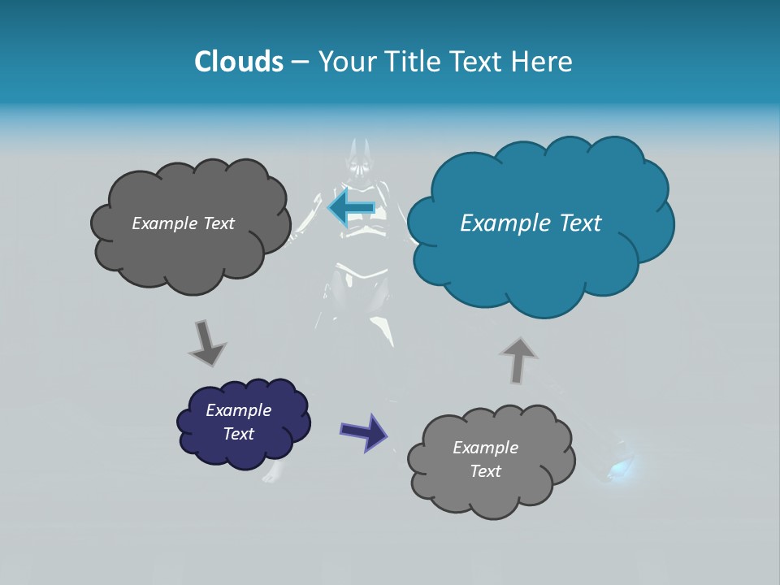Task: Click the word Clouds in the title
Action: pyautogui.click(x=239, y=62)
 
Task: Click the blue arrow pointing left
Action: pyautogui.click(x=351, y=208)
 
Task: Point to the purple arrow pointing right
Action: pyautogui.click(x=364, y=431)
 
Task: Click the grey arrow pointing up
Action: pyautogui.click(x=518, y=358)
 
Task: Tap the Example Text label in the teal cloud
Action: pyautogui.click(x=531, y=223)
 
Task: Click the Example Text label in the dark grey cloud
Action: pyautogui.click(x=183, y=223)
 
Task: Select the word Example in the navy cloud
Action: pyautogui.click(x=238, y=410)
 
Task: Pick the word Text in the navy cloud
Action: pyautogui.click(x=238, y=434)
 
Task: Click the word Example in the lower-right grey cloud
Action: pyautogui.click(x=485, y=448)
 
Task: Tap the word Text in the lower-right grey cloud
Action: pyautogui.click(x=485, y=471)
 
